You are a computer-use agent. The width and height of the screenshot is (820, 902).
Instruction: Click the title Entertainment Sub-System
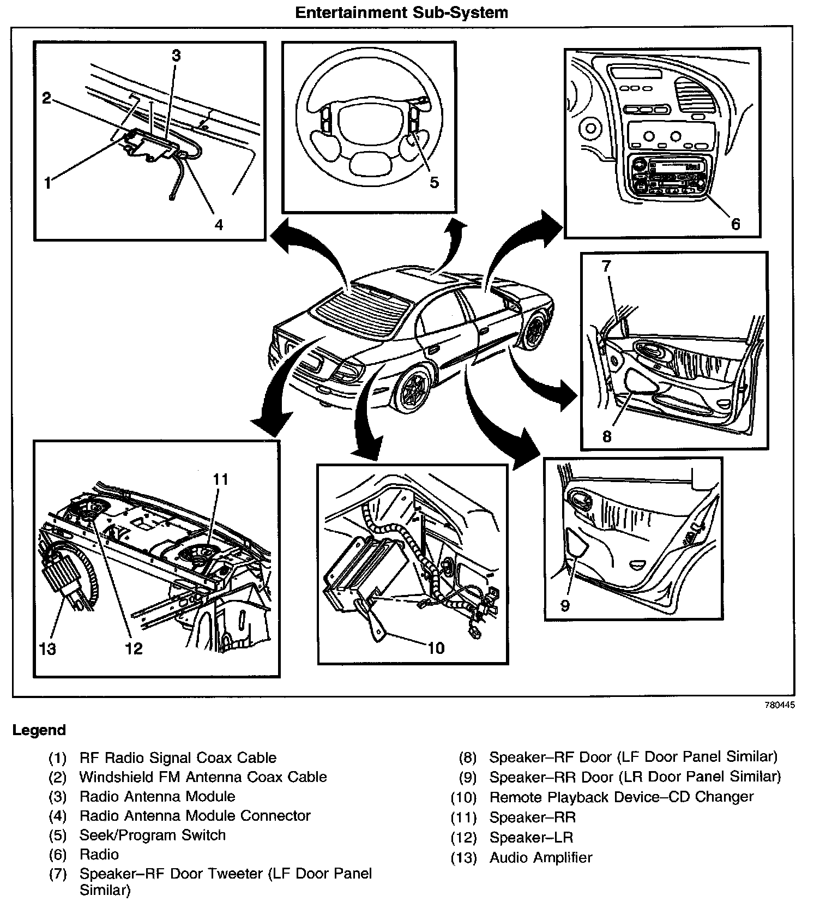pyautogui.click(x=401, y=13)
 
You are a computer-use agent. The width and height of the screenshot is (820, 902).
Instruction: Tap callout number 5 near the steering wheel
pyautogui.click(x=434, y=182)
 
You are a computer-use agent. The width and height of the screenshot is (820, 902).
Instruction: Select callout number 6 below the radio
pyautogui.click(x=735, y=224)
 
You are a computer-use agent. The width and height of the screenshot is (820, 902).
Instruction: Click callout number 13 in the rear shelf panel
pyautogui.click(x=48, y=649)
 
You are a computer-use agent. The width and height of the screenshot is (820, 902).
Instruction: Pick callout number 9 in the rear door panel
pyautogui.click(x=565, y=606)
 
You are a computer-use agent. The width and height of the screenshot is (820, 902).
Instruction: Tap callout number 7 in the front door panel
pyautogui.click(x=607, y=266)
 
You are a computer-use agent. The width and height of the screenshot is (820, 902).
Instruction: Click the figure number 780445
pyautogui.click(x=779, y=705)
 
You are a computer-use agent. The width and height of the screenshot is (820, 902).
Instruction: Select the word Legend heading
pyautogui.click(x=39, y=730)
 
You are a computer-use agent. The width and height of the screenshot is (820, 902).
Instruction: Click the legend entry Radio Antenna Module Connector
pyautogui.click(x=195, y=816)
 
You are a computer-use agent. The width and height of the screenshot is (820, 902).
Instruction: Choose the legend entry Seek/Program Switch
pyautogui.click(x=152, y=835)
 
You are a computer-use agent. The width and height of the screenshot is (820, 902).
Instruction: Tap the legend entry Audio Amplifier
pyautogui.click(x=540, y=857)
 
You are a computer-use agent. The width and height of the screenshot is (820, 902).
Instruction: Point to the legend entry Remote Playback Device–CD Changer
pyautogui.click(x=621, y=797)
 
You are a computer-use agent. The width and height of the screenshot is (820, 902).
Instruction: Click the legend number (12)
pyautogui.click(x=463, y=838)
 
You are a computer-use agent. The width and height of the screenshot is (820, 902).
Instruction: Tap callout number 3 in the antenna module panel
pyautogui.click(x=176, y=55)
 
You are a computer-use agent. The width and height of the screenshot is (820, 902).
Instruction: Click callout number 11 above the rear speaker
pyautogui.click(x=220, y=479)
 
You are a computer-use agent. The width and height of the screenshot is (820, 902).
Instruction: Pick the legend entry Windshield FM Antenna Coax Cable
pyautogui.click(x=203, y=777)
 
